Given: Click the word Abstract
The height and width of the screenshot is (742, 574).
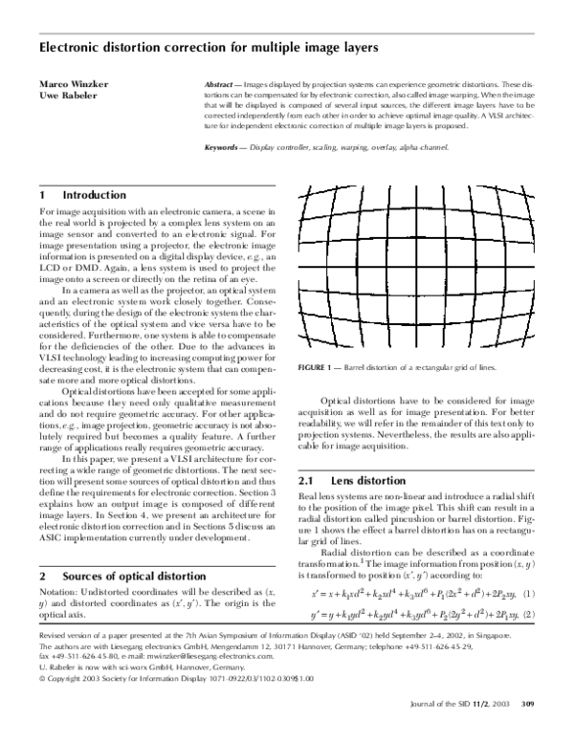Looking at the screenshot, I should click(x=224, y=84).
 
